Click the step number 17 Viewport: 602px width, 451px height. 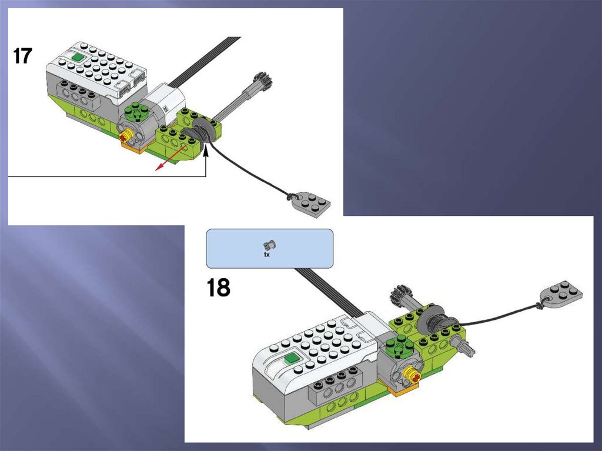(x=23, y=56)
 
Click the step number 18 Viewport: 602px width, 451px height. (x=219, y=288)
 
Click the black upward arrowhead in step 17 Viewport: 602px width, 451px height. (x=206, y=154)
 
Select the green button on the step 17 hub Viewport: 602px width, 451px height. (x=78, y=58)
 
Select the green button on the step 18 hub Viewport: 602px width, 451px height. (x=291, y=359)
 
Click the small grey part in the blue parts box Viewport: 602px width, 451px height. (x=270, y=245)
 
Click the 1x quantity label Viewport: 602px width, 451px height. (x=267, y=255)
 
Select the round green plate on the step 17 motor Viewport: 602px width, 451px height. (x=136, y=111)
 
